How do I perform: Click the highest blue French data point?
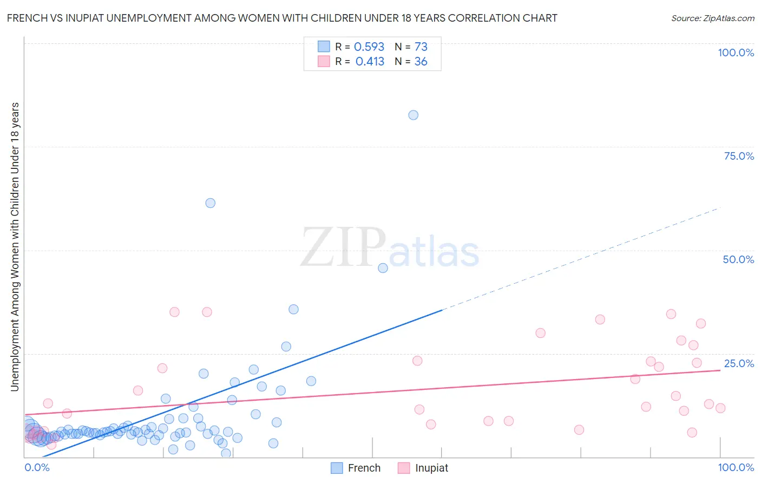tap(413, 115)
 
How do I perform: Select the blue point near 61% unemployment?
tap(210, 203)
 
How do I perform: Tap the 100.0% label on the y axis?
tap(736, 53)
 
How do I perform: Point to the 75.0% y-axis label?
tap(739, 156)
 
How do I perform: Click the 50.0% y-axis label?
tap(738, 259)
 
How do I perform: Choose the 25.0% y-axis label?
tap(739, 363)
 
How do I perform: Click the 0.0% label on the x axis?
tap(37, 467)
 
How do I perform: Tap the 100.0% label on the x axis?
tap(736, 467)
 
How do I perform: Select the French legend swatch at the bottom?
tap(337, 468)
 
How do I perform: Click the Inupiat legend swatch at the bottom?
tap(404, 468)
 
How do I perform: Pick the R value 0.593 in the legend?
tap(369, 47)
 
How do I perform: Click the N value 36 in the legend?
tap(421, 62)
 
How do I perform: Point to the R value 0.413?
tap(370, 62)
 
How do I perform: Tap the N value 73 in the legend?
tap(421, 47)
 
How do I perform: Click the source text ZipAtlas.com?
tap(729, 18)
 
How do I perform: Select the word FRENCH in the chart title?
tap(26, 18)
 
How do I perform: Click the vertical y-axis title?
tap(15, 246)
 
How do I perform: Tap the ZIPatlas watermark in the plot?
tap(390, 247)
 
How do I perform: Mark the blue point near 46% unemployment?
tap(383, 268)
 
